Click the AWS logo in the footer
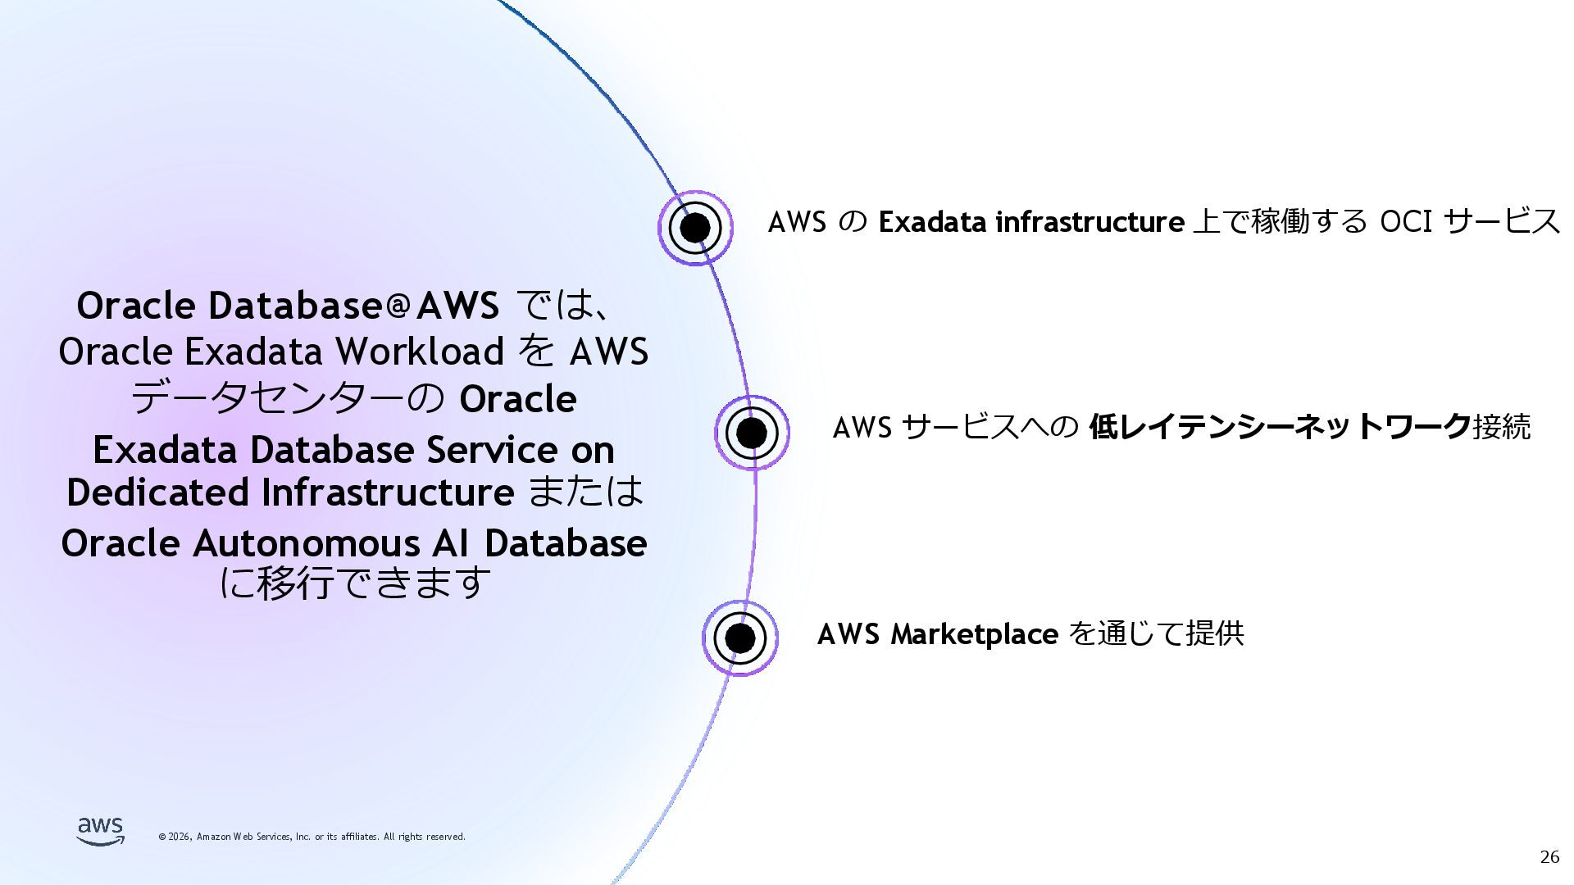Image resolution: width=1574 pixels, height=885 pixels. [101, 831]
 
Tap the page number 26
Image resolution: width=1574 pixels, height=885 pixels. [1549, 857]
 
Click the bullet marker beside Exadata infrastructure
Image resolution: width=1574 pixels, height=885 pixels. [695, 227]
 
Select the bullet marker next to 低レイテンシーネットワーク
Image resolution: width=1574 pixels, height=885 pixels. [752, 433]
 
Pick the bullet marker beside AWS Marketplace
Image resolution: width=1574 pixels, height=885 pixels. [739, 638]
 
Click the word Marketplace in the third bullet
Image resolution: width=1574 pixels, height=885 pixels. [974, 634]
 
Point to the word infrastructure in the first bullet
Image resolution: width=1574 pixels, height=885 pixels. [1090, 222]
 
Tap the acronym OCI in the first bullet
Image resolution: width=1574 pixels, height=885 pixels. [1406, 222]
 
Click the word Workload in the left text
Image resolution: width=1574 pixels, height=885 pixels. [421, 352]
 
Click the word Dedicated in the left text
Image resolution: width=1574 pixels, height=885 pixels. [158, 492]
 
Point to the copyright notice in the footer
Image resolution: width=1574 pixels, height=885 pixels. [312, 837]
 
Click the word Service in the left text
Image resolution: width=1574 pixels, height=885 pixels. [492, 450]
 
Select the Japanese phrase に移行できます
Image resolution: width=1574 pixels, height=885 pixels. [355, 583]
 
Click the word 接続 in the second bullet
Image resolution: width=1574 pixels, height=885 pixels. [1501, 427]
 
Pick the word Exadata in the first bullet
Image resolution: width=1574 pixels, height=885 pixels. [932, 222]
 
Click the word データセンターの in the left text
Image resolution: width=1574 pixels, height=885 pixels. [287, 399]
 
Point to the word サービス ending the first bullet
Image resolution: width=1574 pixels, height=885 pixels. [1502, 222]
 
